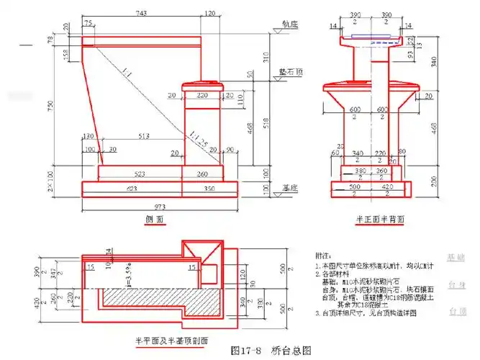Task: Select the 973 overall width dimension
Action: pyautogui.click(x=160, y=207)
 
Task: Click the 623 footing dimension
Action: pyautogui.click(x=132, y=189)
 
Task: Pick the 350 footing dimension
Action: pyautogui.click(x=209, y=189)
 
